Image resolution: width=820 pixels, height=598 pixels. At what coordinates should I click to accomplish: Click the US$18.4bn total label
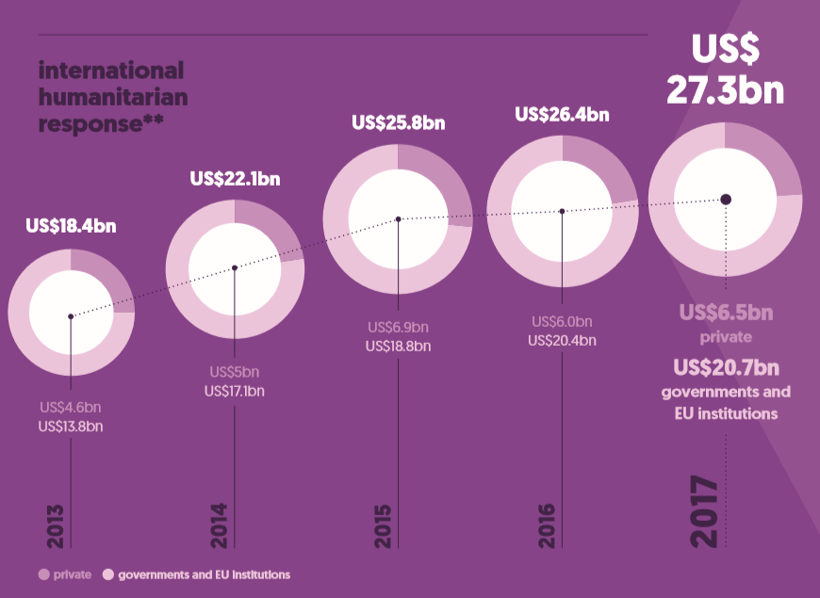[x=71, y=226]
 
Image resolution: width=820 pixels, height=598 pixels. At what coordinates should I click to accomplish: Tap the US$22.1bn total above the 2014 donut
[x=235, y=178]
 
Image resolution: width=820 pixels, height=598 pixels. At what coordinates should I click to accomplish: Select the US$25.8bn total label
[x=398, y=122]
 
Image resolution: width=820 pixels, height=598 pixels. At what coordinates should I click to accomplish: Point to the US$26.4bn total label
[x=562, y=115]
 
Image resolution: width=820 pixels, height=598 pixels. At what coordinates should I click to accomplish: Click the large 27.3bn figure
[x=725, y=89]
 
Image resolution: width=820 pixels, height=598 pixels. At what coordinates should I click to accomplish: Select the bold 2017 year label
[x=704, y=513]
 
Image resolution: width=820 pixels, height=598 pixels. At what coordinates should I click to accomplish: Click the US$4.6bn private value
[x=71, y=408]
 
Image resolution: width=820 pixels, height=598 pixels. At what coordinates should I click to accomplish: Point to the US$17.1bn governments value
[x=235, y=390]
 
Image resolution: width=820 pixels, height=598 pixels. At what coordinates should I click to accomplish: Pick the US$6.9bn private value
[x=398, y=327]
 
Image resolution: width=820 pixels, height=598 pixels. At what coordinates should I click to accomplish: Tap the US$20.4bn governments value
[x=562, y=340]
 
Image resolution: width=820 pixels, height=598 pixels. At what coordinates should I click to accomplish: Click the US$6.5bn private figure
[x=726, y=313]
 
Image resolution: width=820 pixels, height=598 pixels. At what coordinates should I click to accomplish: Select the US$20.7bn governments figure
[x=726, y=366]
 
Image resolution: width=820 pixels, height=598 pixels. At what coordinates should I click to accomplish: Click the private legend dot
[x=43, y=574]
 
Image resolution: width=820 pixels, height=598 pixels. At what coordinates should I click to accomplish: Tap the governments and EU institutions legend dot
[x=107, y=574]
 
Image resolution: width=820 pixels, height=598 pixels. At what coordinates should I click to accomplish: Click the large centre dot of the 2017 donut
[x=726, y=199]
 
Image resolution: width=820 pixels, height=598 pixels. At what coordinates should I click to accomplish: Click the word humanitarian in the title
[x=113, y=97]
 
